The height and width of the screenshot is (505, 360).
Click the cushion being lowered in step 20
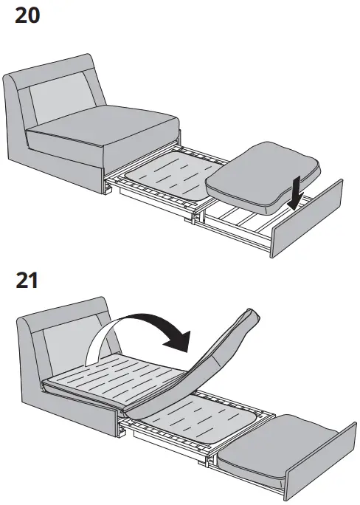point(262,174)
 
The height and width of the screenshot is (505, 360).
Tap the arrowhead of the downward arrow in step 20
point(295,207)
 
